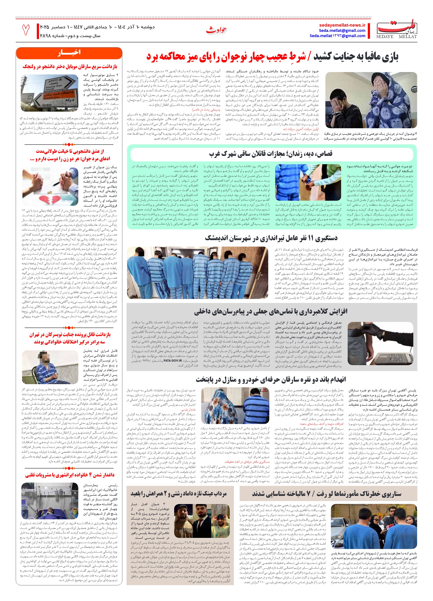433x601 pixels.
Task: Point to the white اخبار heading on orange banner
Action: point(69,52)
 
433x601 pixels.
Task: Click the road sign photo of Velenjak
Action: point(50,93)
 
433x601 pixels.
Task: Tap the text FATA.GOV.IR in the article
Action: point(172,360)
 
